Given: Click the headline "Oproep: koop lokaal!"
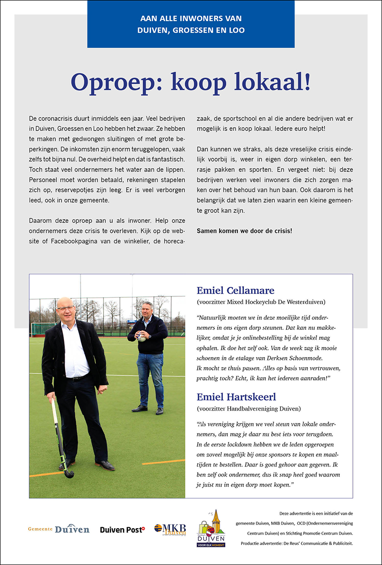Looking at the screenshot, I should click(x=191, y=83).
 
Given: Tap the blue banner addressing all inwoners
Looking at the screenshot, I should click(x=191, y=24).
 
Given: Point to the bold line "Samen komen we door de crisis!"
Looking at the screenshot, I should click(x=244, y=231).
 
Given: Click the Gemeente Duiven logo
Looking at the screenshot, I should click(x=59, y=529).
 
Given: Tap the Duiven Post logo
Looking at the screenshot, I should click(x=122, y=530).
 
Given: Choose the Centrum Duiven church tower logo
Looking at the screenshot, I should click(x=212, y=528).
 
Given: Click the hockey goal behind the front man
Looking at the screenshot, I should click(x=43, y=329).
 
